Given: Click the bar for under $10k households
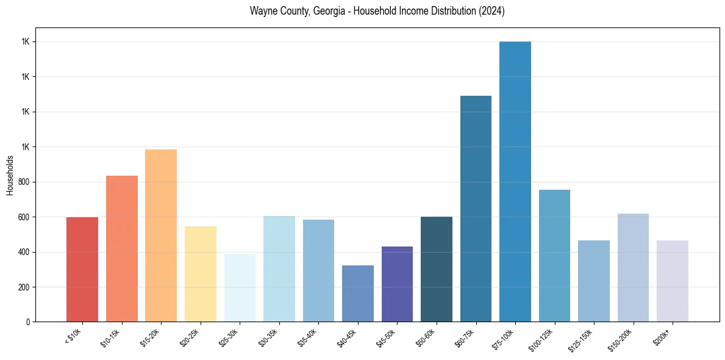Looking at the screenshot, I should pyautogui.click(x=82, y=269).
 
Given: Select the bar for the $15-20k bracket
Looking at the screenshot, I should pyautogui.click(x=161, y=236).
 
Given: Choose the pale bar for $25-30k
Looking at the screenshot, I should pyautogui.click(x=240, y=287).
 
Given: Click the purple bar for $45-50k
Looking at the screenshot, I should pyautogui.click(x=397, y=284).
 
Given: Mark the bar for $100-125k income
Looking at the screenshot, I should pyautogui.click(x=554, y=256).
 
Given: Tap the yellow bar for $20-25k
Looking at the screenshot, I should pyautogui.click(x=201, y=274).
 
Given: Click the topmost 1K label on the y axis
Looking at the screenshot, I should pyautogui.click(x=26, y=42).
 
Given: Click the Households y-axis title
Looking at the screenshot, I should pyautogui.click(x=10, y=175).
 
